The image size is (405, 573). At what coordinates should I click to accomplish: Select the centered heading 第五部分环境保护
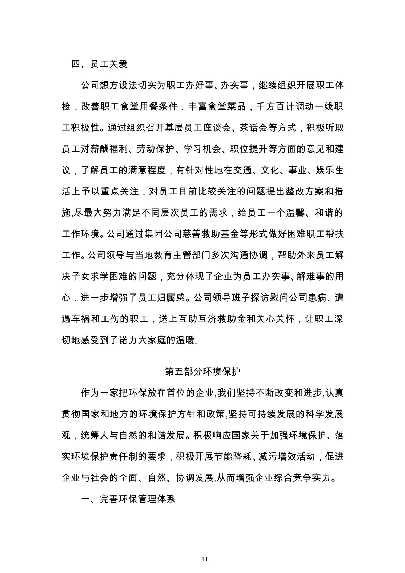tap(202, 371)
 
